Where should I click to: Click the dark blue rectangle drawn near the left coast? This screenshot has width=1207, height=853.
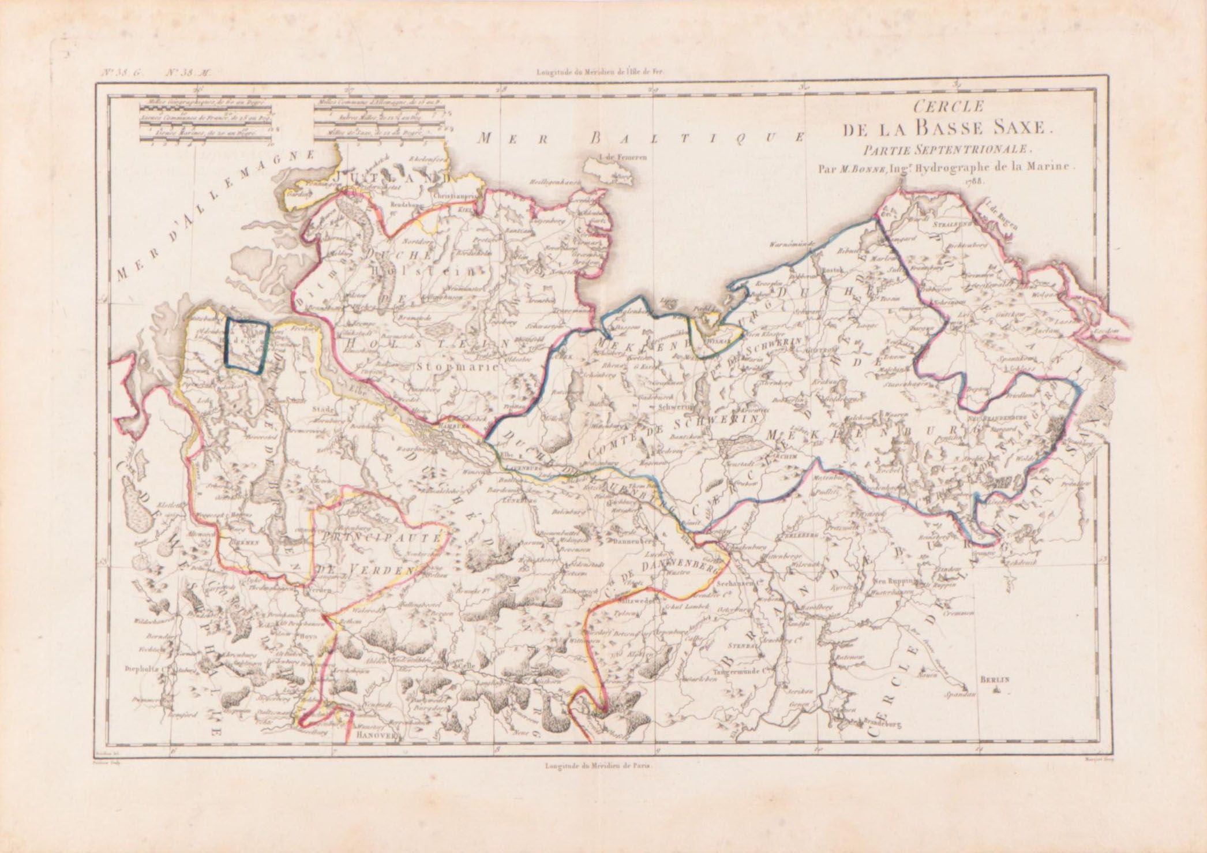click(x=248, y=344)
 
